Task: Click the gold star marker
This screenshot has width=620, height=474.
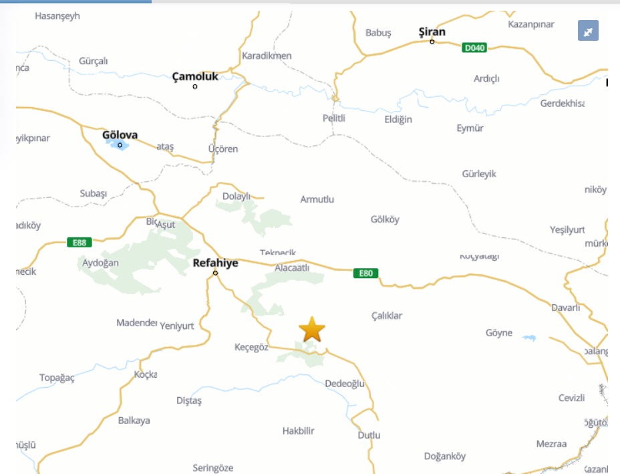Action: (312, 330)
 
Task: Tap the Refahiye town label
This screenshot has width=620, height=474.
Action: (215, 263)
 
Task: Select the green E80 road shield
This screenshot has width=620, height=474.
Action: (365, 273)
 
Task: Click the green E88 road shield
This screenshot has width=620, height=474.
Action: (80, 242)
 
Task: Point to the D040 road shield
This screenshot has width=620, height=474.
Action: (474, 47)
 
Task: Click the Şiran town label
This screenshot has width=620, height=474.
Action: (432, 32)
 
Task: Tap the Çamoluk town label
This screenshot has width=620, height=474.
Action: (195, 77)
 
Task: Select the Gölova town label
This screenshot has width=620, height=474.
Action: (120, 135)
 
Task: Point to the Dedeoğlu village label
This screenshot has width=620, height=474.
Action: (345, 384)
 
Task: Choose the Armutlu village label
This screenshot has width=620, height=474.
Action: (317, 199)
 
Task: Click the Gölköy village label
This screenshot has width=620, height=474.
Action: (385, 219)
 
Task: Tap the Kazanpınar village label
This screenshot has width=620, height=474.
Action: (531, 24)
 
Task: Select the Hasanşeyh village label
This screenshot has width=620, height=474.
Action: (57, 16)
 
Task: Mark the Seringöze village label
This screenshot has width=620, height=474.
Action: (213, 468)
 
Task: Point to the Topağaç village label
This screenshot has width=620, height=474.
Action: (57, 378)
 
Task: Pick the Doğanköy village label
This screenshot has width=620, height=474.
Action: (445, 457)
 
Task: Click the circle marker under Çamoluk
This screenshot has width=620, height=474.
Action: (195, 86)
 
